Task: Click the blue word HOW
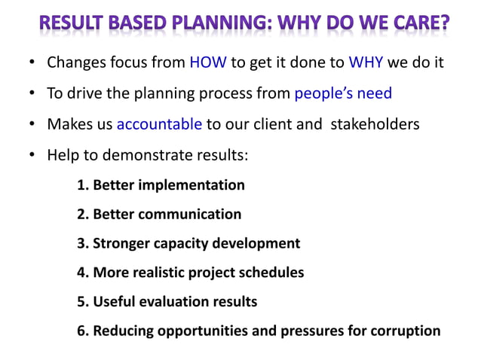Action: point(208,63)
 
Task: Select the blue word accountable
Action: point(158,124)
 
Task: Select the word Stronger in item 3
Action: point(121,243)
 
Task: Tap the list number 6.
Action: point(81,331)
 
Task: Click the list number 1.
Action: point(81,185)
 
